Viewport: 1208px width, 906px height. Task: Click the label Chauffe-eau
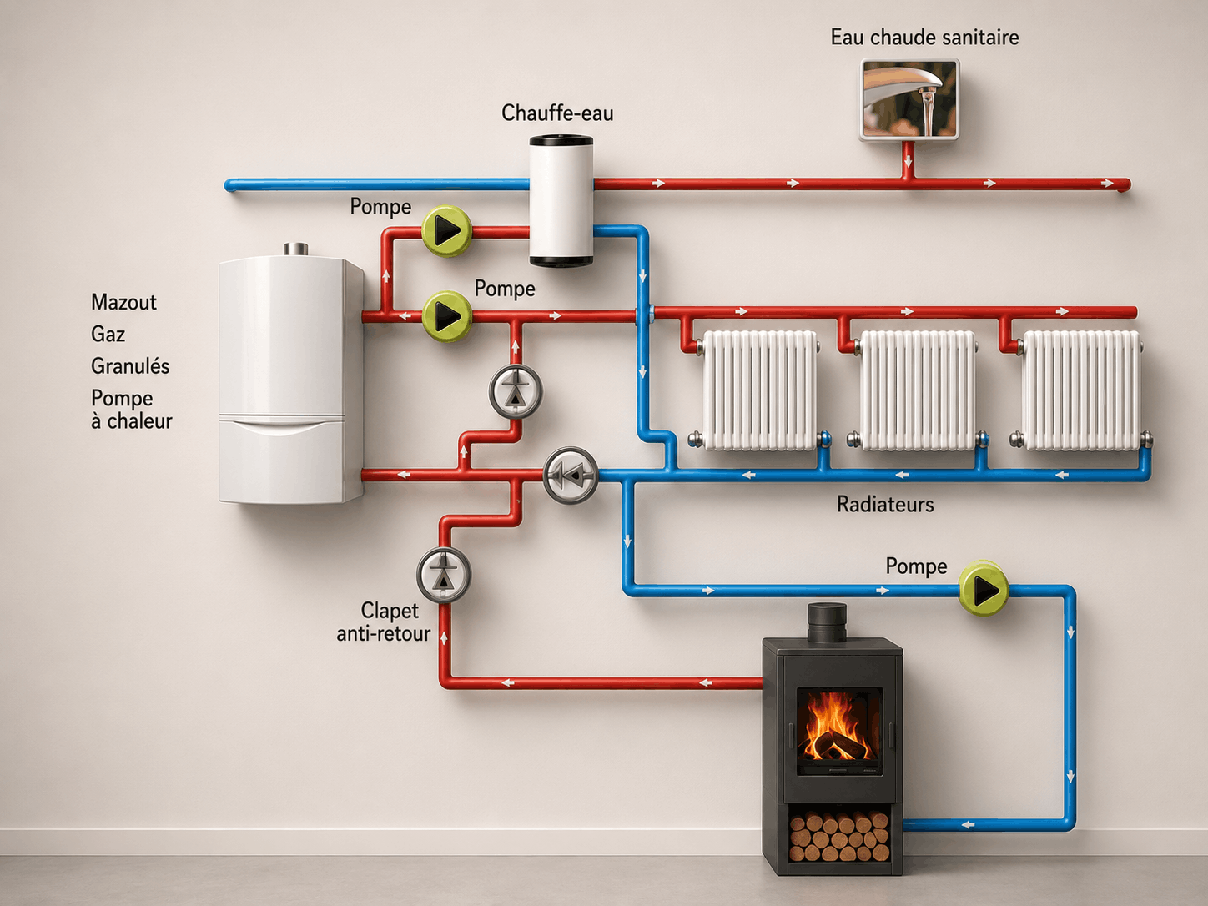coord(557,113)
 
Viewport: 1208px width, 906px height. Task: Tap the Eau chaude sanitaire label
coord(924,38)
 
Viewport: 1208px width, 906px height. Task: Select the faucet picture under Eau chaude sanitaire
coord(909,99)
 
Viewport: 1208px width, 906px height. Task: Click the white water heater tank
coord(561,201)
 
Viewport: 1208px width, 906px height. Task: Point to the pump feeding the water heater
coord(446,231)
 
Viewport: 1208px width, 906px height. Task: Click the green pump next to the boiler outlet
coord(447,316)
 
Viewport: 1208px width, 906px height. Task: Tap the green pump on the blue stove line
coord(984,589)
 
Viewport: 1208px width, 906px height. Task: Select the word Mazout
coord(123,302)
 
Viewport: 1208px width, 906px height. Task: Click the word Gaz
coord(108,334)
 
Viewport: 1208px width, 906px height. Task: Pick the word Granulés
coord(130,365)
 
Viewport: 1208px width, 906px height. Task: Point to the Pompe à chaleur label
coord(132,410)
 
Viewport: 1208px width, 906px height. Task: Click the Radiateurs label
coord(885,505)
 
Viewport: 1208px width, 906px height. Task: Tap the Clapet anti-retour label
coord(384,622)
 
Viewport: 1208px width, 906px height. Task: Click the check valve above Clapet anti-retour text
coord(444,575)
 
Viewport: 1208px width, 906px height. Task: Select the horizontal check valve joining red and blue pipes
coord(571,476)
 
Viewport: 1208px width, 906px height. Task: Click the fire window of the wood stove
coord(838,731)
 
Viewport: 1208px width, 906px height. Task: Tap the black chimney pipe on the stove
coord(827,622)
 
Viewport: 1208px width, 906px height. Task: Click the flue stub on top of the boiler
coord(295,249)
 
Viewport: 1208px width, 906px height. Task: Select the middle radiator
coord(917,390)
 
